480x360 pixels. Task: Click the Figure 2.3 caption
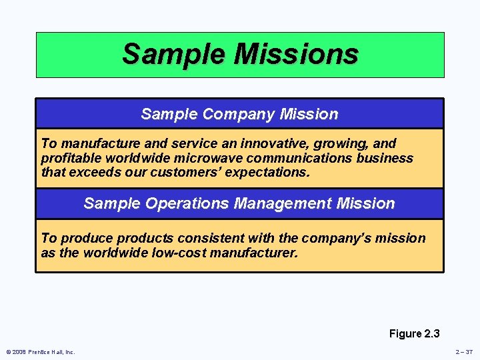pos(414,333)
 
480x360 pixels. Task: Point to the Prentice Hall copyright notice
pos(41,352)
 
